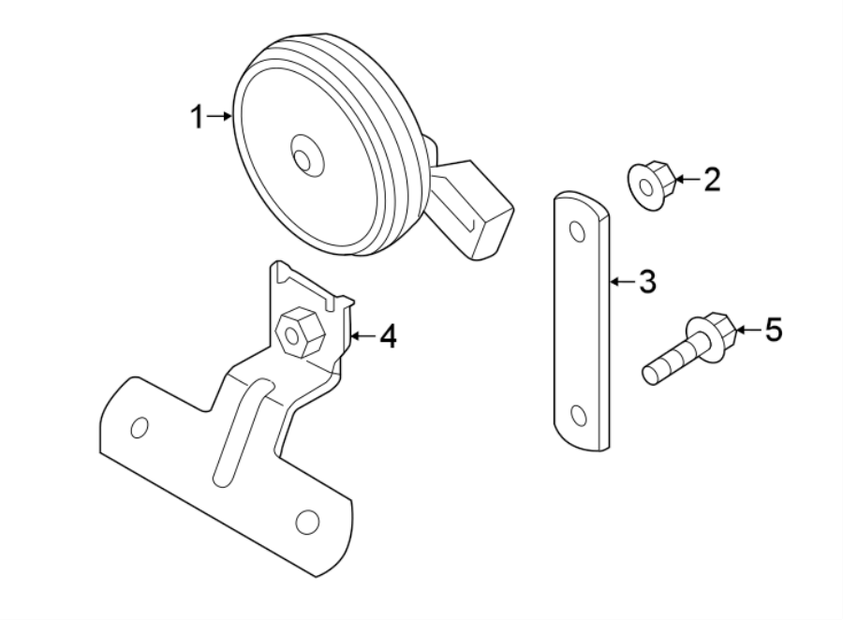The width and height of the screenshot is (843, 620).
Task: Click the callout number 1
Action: [197, 117]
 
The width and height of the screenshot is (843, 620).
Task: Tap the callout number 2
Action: [712, 179]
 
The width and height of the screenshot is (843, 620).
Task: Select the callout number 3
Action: [647, 281]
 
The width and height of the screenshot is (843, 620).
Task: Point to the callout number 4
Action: [388, 335]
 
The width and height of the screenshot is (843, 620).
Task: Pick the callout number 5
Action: [773, 330]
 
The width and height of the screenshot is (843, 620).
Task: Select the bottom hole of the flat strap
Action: [578, 415]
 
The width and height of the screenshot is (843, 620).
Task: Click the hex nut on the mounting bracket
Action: [302, 332]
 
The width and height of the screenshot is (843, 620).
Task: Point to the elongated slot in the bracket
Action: [239, 432]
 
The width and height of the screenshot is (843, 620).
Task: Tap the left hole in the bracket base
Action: [140, 427]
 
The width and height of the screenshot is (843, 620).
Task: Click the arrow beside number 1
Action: [221, 116]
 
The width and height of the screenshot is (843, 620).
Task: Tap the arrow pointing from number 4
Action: [362, 334]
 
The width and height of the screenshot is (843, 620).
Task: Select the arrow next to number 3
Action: [622, 280]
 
